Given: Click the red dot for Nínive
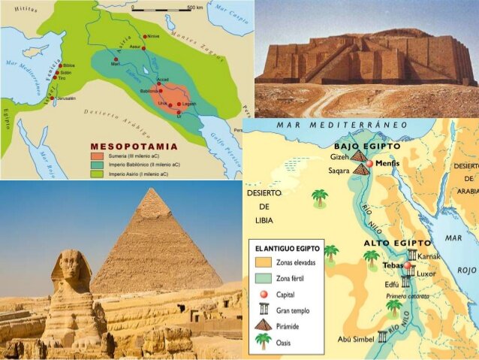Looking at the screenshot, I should [145, 36].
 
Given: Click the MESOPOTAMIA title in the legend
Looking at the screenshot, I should [134, 146].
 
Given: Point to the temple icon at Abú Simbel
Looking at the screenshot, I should [382, 337].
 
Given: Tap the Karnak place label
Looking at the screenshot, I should [429, 256].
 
